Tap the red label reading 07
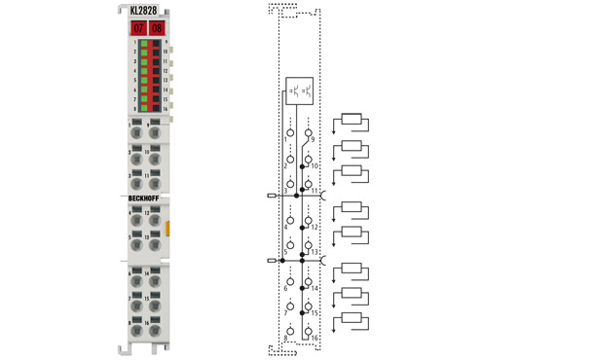137,28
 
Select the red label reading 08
156,28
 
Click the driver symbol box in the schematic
300,92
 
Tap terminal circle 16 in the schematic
309,330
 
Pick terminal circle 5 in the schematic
289,250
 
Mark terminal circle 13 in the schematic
309,244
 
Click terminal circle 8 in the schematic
289,330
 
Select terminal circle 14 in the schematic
309,281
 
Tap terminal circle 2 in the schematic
289,158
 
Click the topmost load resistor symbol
352,121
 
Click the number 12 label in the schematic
316,227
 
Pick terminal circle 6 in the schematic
289,279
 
